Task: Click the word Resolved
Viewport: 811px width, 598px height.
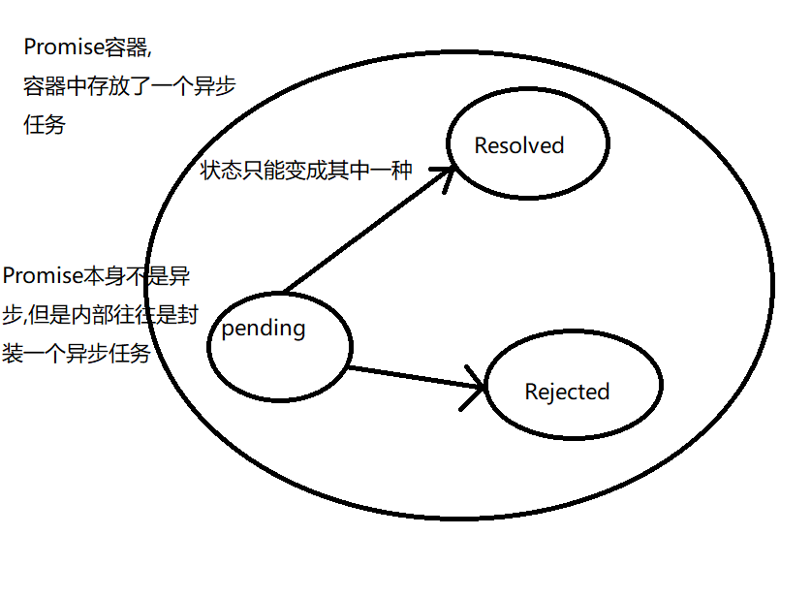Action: pos(518,146)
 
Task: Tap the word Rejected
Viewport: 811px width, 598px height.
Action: pos(567,393)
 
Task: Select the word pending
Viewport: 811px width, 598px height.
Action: pos(264,329)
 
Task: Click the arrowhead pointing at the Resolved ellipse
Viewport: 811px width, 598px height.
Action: pos(445,174)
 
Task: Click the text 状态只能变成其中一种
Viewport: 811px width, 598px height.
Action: pos(306,171)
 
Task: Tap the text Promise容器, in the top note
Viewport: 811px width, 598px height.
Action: pos(88,47)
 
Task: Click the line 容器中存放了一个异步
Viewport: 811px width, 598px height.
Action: pos(129,86)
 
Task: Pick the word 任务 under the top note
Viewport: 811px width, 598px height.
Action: pos(44,125)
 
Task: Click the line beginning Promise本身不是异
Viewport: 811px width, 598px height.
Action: pos(96,275)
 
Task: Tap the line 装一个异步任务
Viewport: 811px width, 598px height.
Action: pos(77,354)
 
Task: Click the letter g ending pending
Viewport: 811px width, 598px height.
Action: pos(299,330)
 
